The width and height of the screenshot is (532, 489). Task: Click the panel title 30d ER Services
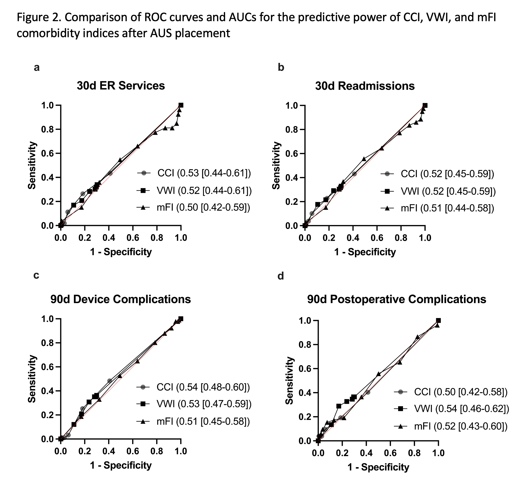pyautogui.click(x=121, y=86)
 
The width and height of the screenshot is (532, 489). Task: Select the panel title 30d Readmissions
pyautogui.click(x=365, y=86)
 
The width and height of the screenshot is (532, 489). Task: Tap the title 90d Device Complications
pyautogui.click(x=120, y=299)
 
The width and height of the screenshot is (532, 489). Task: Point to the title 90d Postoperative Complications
pyautogui.click(x=396, y=299)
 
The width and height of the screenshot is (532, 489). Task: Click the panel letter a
pyautogui.click(x=37, y=68)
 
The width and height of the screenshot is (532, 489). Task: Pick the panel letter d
pyautogui.click(x=281, y=276)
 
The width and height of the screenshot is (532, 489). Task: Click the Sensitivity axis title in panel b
pyautogui.click(x=276, y=165)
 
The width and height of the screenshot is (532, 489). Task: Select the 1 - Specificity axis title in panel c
pyautogui.click(x=121, y=465)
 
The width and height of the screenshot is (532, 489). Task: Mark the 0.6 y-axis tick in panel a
pyautogui.click(x=48, y=154)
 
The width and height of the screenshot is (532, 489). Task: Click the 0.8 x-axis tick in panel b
pyautogui.click(x=401, y=238)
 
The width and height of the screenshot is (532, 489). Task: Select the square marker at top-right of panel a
pyautogui.click(x=181, y=105)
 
